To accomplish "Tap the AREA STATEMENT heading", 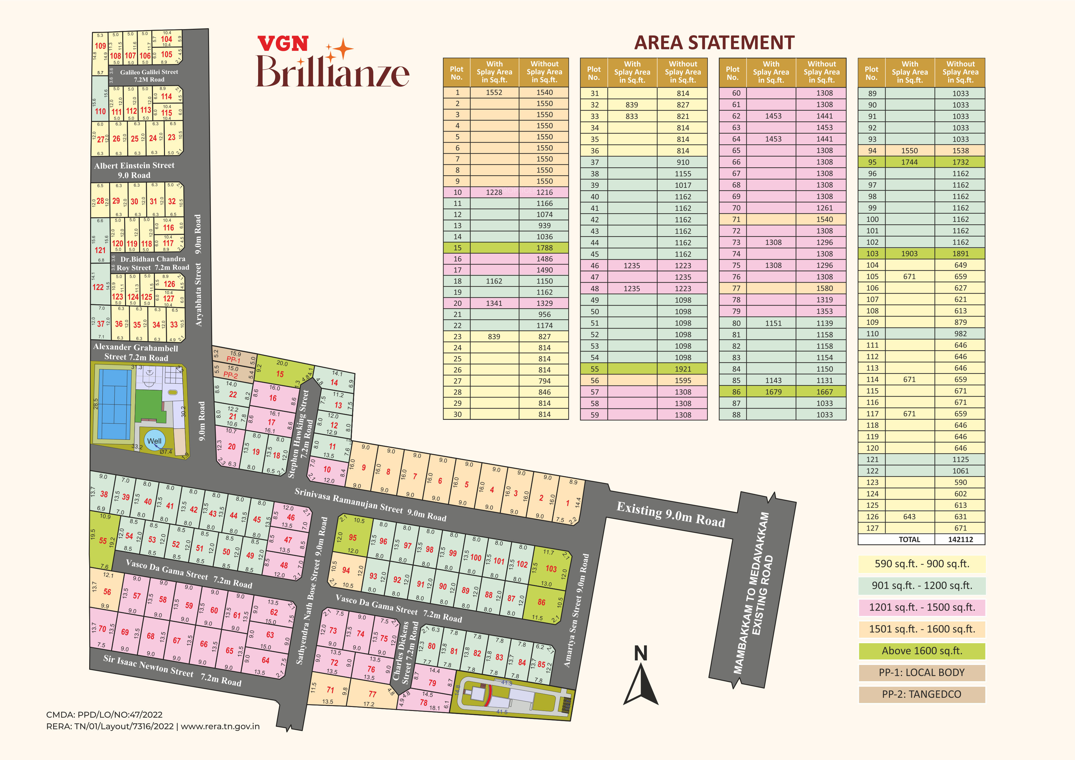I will (714, 43).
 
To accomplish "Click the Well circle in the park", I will (154, 441).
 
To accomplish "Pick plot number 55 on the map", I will (103, 541).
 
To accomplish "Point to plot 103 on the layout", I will (551, 568).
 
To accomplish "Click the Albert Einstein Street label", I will (134, 170).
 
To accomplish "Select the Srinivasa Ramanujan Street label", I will (370, 504).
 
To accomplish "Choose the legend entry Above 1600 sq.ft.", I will (921, 651).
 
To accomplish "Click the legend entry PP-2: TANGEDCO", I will (921, 694).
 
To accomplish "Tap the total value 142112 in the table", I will (960, 540).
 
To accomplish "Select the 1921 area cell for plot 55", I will (683, 369).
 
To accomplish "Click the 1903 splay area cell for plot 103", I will (909, 254).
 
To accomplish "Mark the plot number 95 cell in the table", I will (872, 162).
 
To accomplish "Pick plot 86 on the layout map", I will (541, 602).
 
